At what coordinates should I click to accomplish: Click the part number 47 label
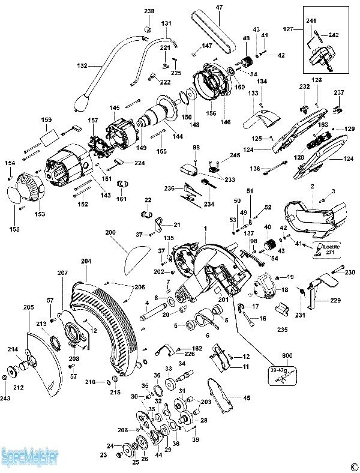pos(219,7)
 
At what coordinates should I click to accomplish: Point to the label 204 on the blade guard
pos(86,262)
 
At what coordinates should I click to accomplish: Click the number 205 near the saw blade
pos(29,308)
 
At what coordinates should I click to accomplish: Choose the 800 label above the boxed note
pos(280,355)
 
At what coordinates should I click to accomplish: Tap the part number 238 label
pos(149,11)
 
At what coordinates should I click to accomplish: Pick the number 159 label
pos(46,120)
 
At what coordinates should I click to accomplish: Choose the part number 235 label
pos(283,330)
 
